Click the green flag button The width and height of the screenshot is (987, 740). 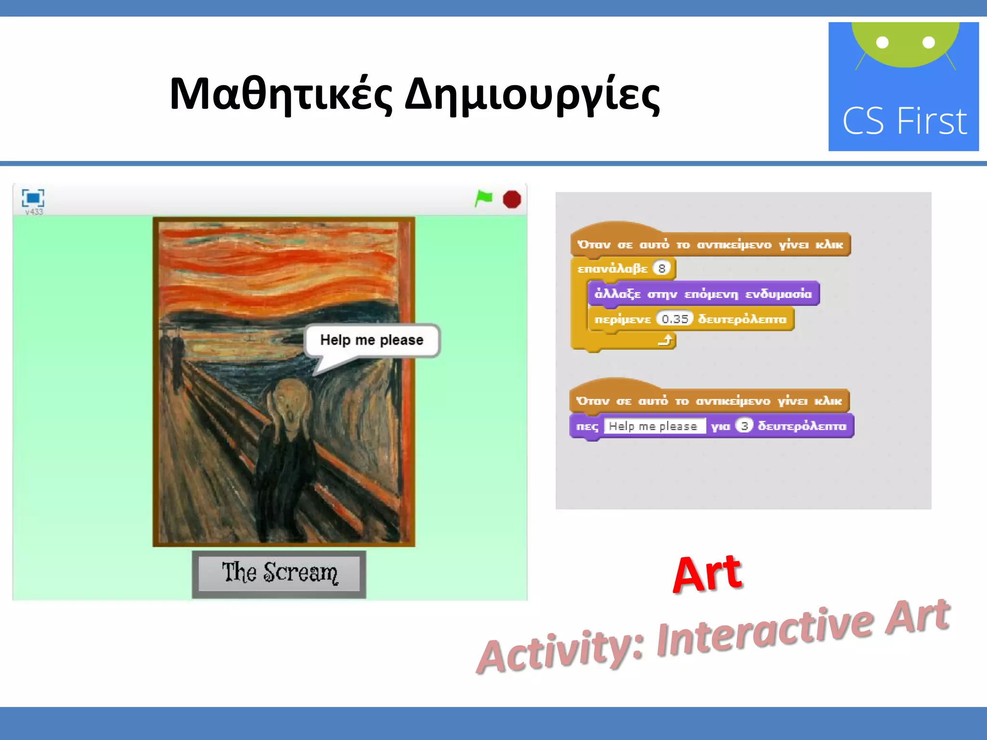coord(484,198)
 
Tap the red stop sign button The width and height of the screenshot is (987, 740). coord(512,199)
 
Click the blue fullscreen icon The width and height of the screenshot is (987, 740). coord(33,198)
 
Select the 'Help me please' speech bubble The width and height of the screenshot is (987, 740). coord(372,340)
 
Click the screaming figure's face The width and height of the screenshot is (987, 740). coord(290,404)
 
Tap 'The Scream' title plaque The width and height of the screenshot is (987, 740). coord(279,573)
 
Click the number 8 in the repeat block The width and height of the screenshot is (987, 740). coord(662,268)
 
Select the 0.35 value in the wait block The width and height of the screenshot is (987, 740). coord(675,319)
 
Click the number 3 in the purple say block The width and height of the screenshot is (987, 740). coord(745,426)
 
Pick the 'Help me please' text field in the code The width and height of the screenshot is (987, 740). coord(654,426)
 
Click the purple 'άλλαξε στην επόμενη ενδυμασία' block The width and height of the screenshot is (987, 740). coord(703,293)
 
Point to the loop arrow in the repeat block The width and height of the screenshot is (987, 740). coord(666,341)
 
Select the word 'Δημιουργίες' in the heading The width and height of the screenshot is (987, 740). coord(532,94)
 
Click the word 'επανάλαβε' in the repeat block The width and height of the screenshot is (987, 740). coord(612,268)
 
